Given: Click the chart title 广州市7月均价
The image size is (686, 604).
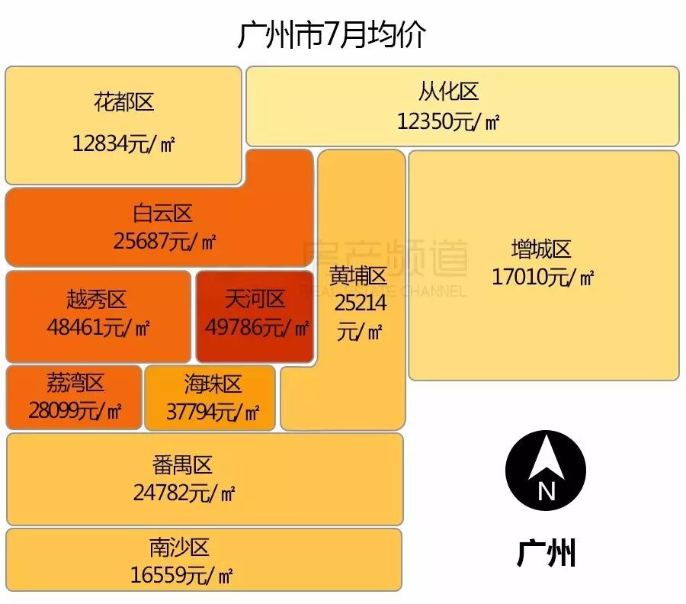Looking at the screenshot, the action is click(x=332, y=35).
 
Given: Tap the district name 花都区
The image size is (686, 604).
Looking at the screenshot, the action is click(x=124, y=102).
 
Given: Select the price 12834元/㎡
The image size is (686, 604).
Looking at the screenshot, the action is click(x=124, y=143).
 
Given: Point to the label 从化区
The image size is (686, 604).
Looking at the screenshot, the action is click(x=448, y=92).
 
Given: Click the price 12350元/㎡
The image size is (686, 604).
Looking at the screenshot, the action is click(x=448, y=121).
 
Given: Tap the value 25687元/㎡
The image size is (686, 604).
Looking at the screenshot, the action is click(x=165, y=242).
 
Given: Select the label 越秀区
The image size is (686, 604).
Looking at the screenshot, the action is click(x=96, y=300).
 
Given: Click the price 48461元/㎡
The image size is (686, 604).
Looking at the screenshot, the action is click(x=98, y=328).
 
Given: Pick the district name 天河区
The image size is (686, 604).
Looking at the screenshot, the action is click(x=255, y=299).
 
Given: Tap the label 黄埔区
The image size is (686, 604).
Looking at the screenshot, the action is click(x=359, y=276).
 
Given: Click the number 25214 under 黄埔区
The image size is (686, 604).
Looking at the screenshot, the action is click(x=361, y=304).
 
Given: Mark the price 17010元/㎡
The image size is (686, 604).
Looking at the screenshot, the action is click(x=543, y=277).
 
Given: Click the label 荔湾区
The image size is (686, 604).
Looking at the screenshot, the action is click(x=74, y=383).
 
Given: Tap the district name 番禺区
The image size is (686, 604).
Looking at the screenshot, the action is click(x=182, y=464).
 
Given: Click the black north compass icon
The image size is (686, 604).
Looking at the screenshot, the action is click(x=546, y=470).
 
